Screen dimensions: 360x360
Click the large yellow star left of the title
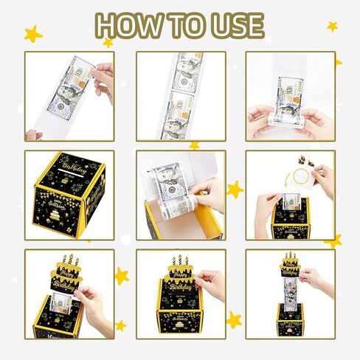pos(32,34)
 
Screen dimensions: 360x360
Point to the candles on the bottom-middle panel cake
pos(179,260)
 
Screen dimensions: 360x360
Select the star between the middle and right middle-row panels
pos(235,190)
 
